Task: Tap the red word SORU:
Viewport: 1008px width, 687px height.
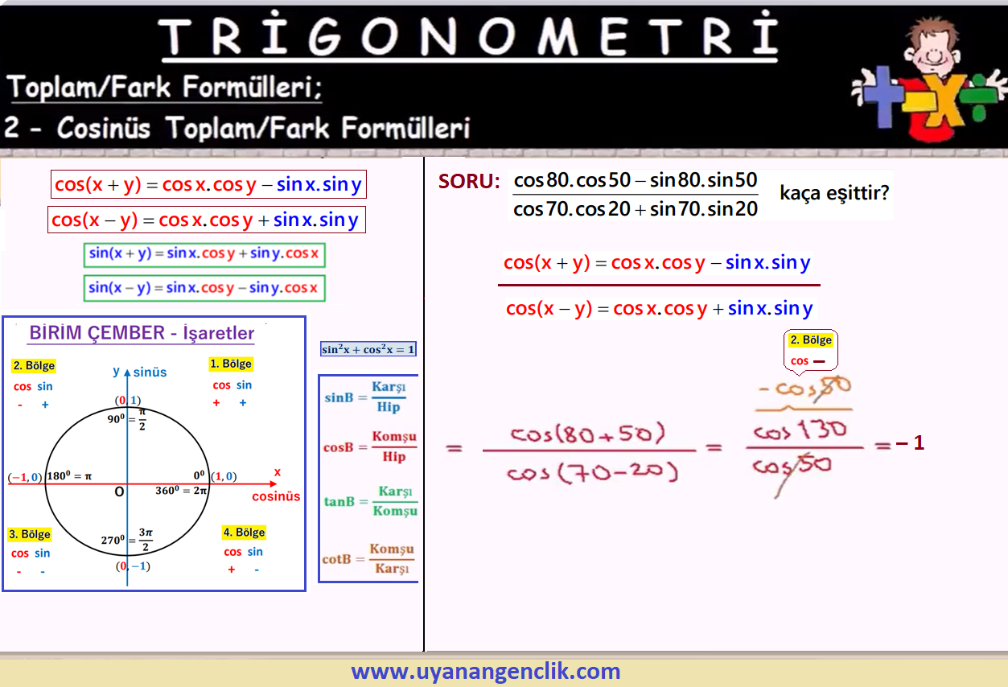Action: pyautogui.click(x=469, y=182)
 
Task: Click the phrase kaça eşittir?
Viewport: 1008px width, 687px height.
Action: pyautogui.click(x=834, y=192)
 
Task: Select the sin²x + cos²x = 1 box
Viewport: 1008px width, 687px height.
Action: pyautogui.click(x=368, y=349)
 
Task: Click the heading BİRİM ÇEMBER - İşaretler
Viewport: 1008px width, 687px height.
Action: pyautogui.click(x=142, y=333)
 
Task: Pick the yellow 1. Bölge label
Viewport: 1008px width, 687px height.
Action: pyautogui.click(x=231, y=364)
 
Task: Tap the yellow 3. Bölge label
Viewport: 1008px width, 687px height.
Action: pyautogui.click(x=30, y=534)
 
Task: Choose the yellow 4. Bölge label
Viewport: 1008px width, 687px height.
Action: pyautogui.click(x=245, y=533)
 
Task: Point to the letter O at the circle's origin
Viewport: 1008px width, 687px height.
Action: pyautogui.click(x=119, y=492)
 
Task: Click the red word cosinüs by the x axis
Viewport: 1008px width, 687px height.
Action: pyautogui.click(x=276, y=496)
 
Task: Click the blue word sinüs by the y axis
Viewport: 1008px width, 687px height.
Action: pyautogui.click(x=150, y=372)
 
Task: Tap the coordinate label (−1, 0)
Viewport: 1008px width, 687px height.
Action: pyautogui.click(x=25, y=477)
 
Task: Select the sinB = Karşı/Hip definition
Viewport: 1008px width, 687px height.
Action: pyautogui.click(x=365, y=397)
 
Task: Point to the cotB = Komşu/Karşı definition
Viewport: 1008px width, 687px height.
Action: pyautogui.click(x=368, y=559)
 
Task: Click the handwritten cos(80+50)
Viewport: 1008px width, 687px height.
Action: pyautogui.click(x=587, y=434)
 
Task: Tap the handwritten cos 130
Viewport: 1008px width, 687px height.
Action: pyautogui.click(x=800, y=430)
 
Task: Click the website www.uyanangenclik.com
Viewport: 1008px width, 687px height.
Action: pyautogui.click(x=486, y=671)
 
